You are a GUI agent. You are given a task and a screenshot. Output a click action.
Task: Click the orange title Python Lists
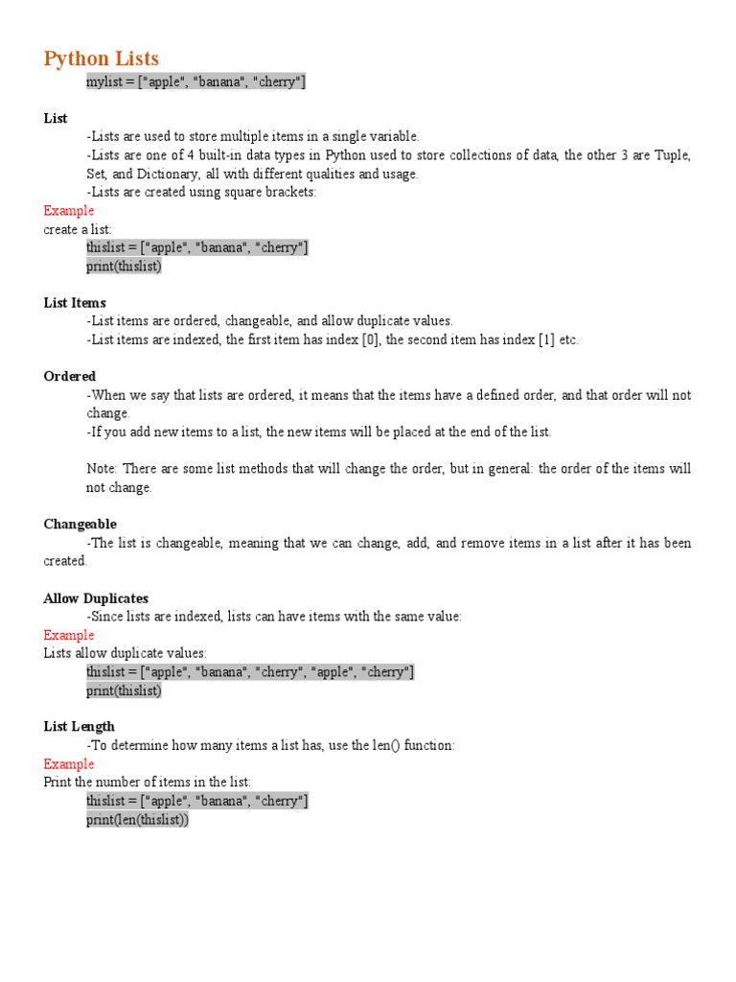point(101,58)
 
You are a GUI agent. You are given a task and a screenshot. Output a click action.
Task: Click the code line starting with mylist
point(196,82)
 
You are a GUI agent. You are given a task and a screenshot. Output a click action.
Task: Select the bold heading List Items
point(75,303)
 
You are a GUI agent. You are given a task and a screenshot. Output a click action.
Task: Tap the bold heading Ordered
point(70,377)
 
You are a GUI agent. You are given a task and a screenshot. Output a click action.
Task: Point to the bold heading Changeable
point(80,525)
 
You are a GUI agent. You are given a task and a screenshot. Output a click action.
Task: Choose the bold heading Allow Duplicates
point(96,598)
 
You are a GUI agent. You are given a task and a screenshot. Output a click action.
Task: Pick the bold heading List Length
point(80,727)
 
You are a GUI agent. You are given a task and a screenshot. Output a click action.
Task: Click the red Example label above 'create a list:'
point(69,211)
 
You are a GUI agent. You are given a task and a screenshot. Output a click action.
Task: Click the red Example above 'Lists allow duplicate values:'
point(69,635)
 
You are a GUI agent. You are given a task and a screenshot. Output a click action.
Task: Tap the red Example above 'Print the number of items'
point(69,764)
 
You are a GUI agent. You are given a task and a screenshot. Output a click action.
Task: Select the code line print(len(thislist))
point(138,820)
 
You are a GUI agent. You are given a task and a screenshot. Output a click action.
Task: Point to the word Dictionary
point(170,175)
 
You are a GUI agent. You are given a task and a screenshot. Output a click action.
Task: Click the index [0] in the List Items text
point(370,340)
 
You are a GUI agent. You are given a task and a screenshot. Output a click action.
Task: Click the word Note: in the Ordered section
point(102,469)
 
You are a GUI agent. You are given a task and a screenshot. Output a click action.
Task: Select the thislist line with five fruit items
point(250,672)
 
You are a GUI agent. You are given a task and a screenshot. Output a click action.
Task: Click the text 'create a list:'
point(78,229)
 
